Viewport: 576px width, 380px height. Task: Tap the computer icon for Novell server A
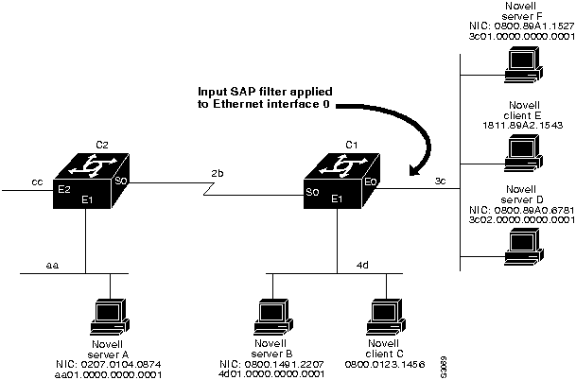pos(111,313)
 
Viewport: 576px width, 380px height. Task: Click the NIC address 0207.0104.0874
pos(111,362)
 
